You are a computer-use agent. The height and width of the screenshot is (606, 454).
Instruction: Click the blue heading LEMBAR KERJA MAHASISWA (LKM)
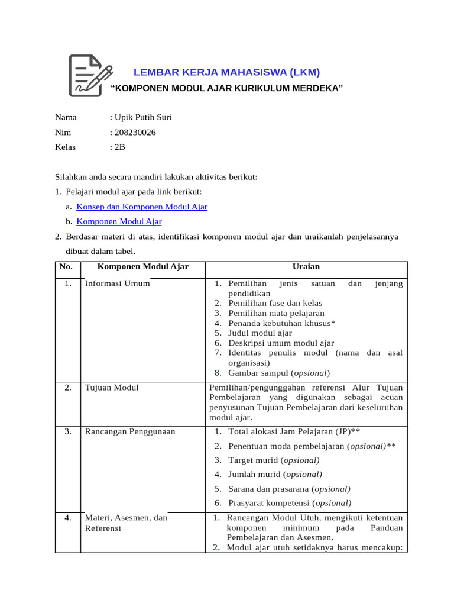226,73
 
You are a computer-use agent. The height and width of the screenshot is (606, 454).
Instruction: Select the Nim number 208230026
135,133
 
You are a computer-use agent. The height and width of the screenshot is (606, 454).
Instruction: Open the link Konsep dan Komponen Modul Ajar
142,207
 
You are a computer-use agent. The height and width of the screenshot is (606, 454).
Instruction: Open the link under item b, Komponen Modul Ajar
119,221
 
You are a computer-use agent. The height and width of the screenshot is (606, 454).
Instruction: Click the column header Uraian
306,267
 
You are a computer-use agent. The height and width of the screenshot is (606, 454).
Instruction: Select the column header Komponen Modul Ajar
142,267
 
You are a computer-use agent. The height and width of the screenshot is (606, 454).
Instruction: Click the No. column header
68,267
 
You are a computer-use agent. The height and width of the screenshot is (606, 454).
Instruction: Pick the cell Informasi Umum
118,283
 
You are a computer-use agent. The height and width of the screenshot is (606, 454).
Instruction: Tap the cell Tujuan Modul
112,388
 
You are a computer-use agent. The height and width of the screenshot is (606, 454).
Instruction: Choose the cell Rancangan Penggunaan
130,431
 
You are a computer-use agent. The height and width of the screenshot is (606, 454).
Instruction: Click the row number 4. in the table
69,518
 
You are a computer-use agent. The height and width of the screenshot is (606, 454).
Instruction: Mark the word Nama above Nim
66,117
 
